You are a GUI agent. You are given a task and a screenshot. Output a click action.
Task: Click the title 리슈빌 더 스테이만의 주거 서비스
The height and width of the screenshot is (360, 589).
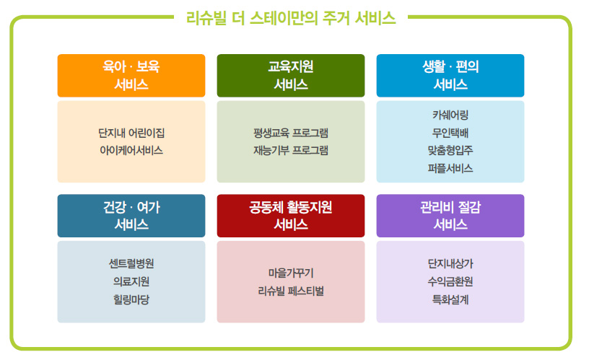(291, 18)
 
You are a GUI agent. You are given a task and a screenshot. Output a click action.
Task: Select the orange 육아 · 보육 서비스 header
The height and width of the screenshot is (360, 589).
(131, 76)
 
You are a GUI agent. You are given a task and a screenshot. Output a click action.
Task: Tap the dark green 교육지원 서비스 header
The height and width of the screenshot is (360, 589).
(291, 76)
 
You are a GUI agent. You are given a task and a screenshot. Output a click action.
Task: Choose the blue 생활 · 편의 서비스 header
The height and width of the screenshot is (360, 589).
(450, 76)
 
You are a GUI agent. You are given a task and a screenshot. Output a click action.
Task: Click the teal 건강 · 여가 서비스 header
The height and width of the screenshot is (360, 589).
(131, 216)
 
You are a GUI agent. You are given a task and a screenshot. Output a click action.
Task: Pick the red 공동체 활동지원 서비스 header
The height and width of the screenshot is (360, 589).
(291, 216)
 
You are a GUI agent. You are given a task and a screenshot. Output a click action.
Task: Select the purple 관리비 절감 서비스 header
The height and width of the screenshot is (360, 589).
(450, 216)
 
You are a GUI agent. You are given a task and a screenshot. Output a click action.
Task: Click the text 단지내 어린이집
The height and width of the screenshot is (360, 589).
(131, 133)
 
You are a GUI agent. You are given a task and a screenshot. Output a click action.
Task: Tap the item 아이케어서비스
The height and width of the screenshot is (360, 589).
(131, 151)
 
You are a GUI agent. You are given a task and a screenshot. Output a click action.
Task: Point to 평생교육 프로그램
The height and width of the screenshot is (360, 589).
(291, 133)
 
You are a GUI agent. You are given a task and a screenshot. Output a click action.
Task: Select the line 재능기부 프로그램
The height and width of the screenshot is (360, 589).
(291, 151)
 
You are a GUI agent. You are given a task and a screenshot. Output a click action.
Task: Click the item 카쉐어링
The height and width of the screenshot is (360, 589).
(450, 115)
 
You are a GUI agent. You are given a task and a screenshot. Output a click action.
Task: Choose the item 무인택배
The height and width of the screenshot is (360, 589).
(450, 133)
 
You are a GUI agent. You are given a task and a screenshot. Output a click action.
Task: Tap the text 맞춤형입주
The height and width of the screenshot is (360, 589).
(450, 151)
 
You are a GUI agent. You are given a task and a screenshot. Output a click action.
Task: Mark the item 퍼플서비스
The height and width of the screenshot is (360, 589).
(450, 168)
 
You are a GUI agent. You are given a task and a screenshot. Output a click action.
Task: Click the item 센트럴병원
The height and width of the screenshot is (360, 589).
(131, 263)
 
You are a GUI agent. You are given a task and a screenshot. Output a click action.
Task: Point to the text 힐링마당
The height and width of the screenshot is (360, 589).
(131, 299)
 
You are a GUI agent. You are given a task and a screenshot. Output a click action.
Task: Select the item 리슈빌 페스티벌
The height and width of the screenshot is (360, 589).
(291, 291)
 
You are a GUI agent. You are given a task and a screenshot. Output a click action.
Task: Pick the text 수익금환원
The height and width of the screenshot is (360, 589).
(450, 281)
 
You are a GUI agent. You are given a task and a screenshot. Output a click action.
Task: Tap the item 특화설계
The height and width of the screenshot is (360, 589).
(450, 299)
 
